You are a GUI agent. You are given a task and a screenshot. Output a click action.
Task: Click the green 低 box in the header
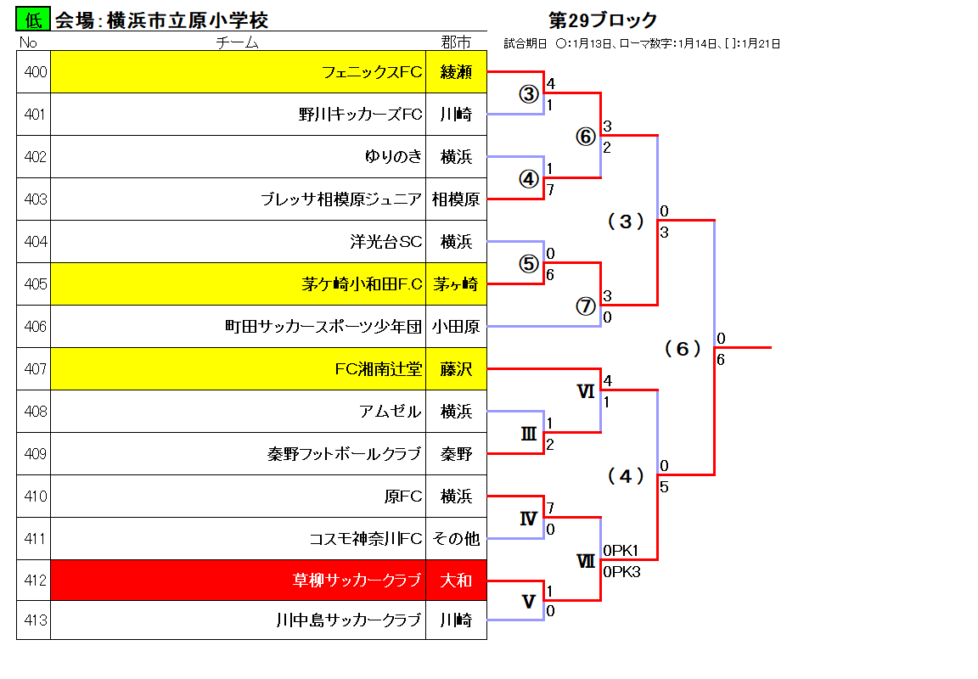click(x=33, y=19)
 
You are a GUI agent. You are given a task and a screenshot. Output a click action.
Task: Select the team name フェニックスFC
click(x=372, y=72)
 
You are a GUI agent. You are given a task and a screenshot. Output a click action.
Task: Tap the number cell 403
click(x=34, y=199)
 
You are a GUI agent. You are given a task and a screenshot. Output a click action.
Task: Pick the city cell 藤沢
click(x=456, y=369)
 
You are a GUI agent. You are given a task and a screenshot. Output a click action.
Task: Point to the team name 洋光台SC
click(x=386, y=242)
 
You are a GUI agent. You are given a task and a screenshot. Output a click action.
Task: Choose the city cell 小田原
click(x=456, y=327)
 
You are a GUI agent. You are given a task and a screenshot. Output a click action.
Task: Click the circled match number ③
click(x=528, y=94)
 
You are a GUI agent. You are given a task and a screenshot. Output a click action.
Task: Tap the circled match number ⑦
click(x=585, y=306)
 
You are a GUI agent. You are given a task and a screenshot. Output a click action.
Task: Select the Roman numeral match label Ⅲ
click(x=528, y=434)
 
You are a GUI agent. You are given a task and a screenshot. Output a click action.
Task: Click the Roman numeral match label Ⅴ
click(x=528, y=602)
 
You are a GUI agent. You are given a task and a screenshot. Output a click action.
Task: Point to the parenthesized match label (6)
click(x=683, y=349)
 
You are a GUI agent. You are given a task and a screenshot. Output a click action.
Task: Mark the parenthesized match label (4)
click(x=626, y=476)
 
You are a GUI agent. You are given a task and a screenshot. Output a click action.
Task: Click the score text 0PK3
click(x=621, y=572)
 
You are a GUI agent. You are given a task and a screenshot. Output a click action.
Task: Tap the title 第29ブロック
click(x=603, y=20)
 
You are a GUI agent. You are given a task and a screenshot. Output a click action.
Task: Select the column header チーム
click(x=237, y=42)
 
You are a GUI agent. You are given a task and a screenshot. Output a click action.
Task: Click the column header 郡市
click(x=456, y=42)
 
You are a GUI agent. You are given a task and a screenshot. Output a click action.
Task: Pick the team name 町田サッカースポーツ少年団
click(x=323, y=327)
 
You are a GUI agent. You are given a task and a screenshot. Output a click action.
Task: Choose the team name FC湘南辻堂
click(x=379, y=369)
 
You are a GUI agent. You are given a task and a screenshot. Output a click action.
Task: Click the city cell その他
click(x=456, y=539)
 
